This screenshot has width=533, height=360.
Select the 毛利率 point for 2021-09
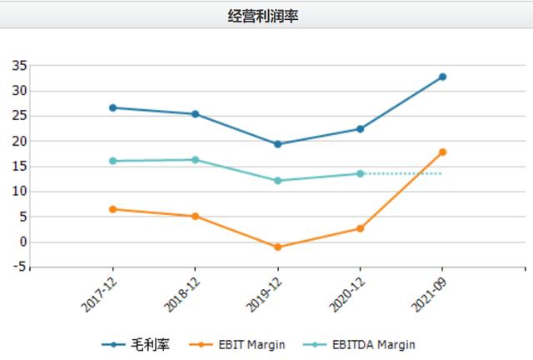442,77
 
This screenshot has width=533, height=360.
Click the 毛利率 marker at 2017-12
112,107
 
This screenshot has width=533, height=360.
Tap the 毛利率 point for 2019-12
277,144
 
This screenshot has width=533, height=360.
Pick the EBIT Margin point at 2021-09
442,152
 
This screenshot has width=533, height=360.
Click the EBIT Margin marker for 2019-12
277,247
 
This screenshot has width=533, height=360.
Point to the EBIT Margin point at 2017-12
112,209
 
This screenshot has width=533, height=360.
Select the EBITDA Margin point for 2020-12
360,173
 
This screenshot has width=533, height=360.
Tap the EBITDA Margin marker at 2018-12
195,160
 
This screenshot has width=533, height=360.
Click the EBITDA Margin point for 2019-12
277,180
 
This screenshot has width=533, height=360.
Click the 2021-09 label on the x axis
427,294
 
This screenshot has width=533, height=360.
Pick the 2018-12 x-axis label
180,294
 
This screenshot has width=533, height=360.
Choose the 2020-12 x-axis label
345,294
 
